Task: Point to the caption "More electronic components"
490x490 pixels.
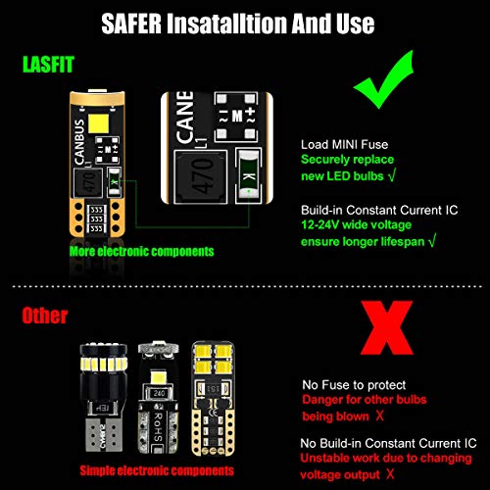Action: (141, 251)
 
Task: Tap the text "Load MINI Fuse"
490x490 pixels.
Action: (343, 143)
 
